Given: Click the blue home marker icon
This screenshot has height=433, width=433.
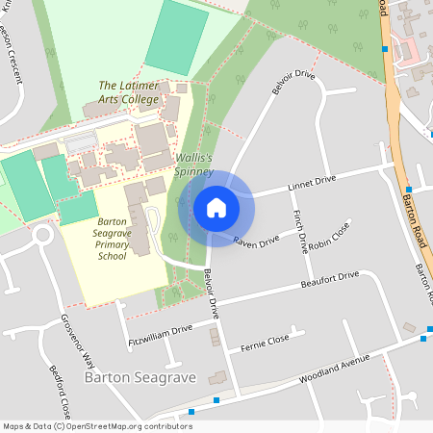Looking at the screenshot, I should click(216, 208).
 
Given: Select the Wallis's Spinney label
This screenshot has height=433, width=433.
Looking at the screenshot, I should click(193, 164).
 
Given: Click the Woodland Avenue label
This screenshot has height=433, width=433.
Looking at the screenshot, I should click(335, 365).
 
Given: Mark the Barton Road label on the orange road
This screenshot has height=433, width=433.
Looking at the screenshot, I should click(416, 203).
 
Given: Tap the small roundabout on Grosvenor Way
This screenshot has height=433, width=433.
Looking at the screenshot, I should click(42, 236).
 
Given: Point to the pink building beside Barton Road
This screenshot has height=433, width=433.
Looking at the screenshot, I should click(410, 49).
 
